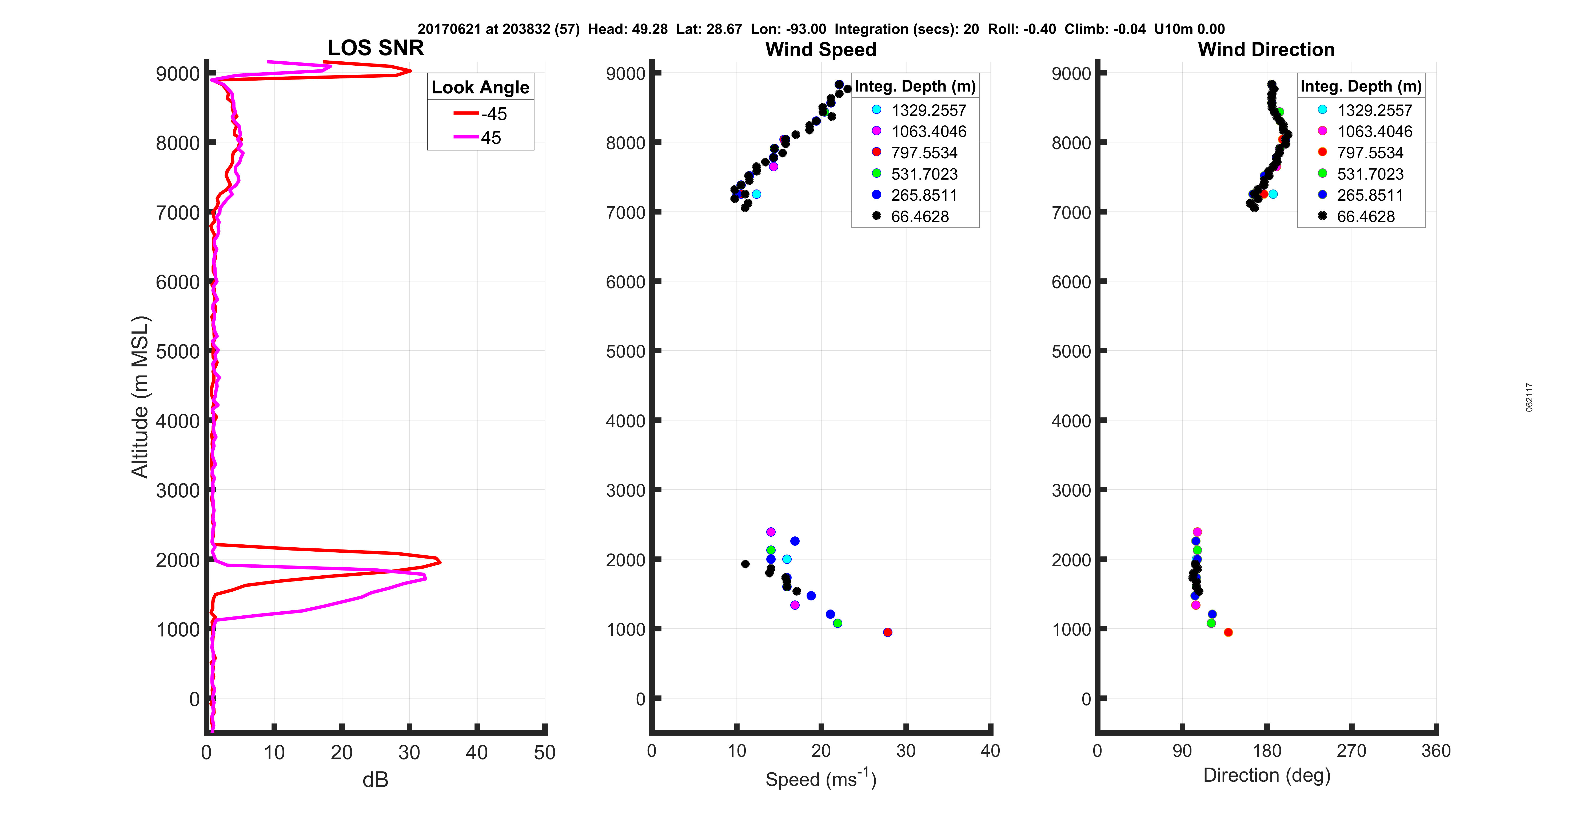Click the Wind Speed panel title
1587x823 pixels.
(x=821, y=49)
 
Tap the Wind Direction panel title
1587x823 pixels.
(x=1266, y=49)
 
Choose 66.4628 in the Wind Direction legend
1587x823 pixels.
(x=1365, y=216)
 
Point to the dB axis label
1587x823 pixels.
(x=375, y=780)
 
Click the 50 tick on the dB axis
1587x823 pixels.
(x=545, y=752)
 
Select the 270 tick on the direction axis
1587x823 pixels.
(x=1351, y=751)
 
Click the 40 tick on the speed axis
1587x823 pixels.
(x=990, y=751)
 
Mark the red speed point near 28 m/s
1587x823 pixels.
(x=887, y=632)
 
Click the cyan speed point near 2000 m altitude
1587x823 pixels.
(x=787, y=559)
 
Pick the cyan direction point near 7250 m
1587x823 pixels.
(x=1273, y=194)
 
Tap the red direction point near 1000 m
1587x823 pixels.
(x=1228, y=632)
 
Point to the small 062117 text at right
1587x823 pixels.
(x=1529, y=397)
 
